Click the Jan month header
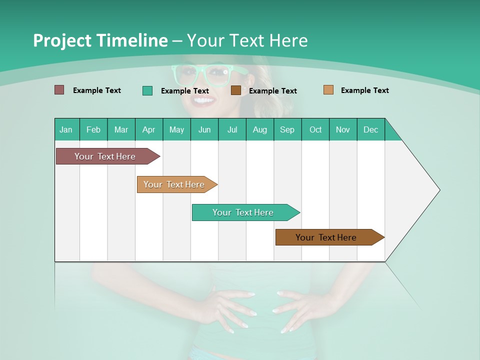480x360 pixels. coord(66,129)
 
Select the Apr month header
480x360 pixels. coord(148,129)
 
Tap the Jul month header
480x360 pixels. coord(232,129)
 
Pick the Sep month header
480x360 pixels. coord(287,129)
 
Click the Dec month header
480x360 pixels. coord(370,129)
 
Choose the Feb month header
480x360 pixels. coord(93,129)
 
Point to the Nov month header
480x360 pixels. coord(342,129)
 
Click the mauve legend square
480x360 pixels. coord(59,90)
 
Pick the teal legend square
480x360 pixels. coord(147,90)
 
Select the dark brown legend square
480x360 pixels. coord(236,90)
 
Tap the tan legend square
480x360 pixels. coord(328,90)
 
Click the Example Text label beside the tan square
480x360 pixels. coord(364,90)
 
